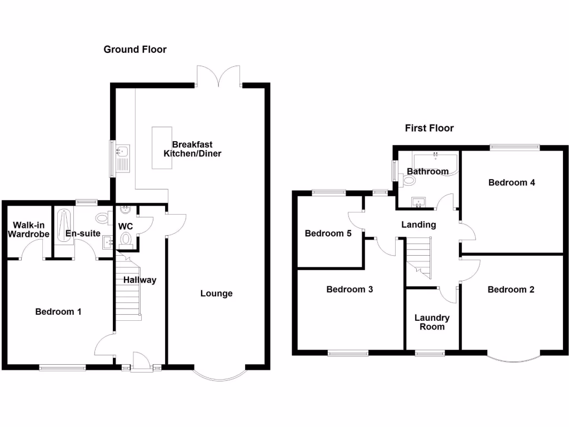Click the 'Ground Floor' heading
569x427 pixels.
click(135, 49)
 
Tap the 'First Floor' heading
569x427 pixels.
click(429, 128)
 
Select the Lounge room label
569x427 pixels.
click(216, 294)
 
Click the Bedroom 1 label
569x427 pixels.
click(58, 312)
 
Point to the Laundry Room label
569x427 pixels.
click(432, 322)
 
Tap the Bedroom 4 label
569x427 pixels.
click(511, 182)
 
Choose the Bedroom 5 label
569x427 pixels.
click(328, 234)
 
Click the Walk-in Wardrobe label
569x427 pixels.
click(28, 230)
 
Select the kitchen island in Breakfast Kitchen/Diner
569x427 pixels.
click(161, 147)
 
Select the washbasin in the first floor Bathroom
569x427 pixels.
click(418, 201)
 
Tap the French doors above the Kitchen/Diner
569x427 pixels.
click(219, 77)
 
